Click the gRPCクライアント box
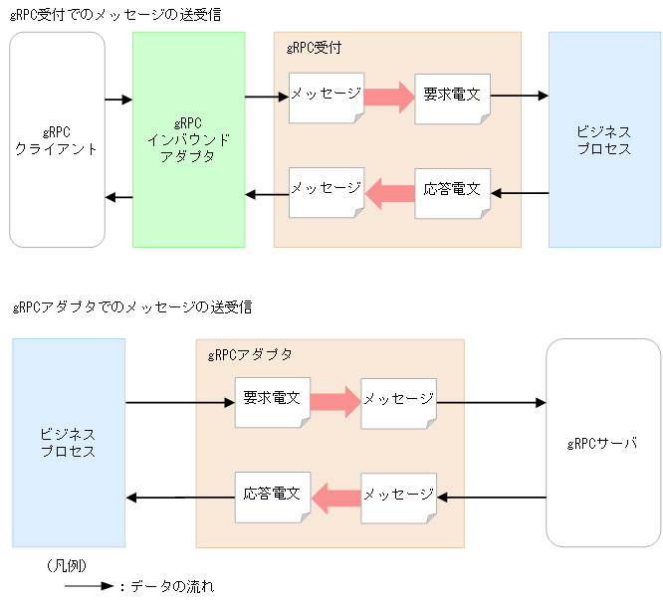pos(57,139)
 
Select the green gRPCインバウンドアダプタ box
pos(188,139)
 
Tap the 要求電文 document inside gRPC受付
pos(451,97)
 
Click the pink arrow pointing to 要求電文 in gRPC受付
pos(388,97)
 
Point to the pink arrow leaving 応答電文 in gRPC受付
pos(389,192)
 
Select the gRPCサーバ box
pos(602,443)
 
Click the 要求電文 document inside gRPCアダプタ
pos(272,402)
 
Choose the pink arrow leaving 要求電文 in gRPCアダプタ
pos(334,402)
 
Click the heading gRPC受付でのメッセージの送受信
pos(115,14)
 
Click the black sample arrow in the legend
pos(90,586)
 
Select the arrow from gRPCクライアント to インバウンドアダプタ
pos(118,100)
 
